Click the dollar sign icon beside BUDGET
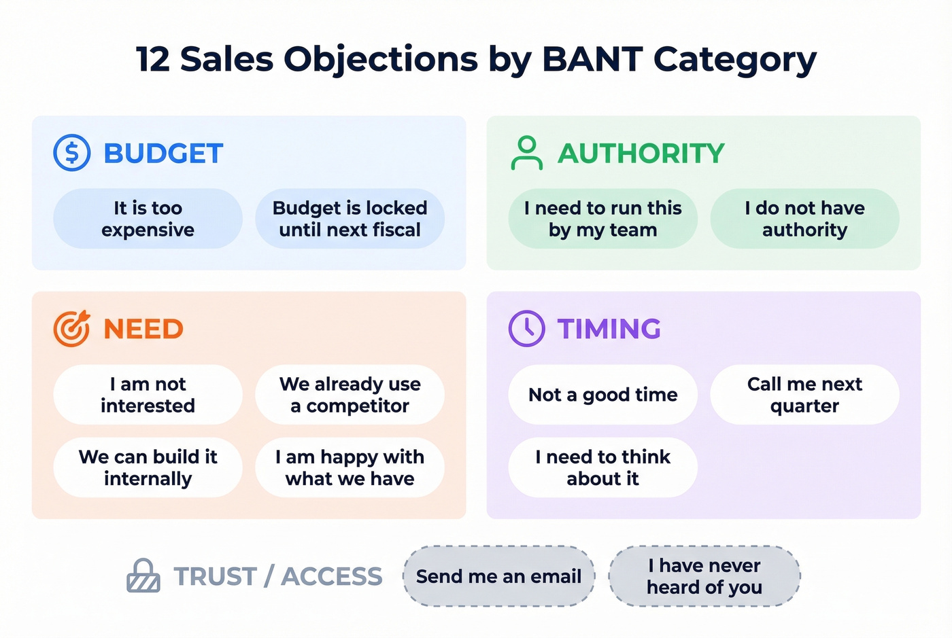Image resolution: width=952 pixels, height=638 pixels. click(72, 153)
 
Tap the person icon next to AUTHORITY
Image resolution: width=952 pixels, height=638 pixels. click(527, 153)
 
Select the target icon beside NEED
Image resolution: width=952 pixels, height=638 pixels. click(71, 329)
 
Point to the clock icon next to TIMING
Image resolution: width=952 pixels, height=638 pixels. click(527, 329)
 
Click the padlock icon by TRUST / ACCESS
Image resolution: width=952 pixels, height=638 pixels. click(143, 576)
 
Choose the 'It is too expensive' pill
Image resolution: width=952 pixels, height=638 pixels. click(148, 219)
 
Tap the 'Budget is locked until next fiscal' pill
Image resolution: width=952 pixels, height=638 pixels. click(350, 219)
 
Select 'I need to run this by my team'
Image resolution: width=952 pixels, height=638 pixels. click(602, 219)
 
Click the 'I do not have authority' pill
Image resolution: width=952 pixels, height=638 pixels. click(804, 219)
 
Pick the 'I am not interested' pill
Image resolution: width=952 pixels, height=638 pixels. click(148, 395)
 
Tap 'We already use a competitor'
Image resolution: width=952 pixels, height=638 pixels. click(350, 395)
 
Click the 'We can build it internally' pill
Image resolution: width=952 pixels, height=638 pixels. click(148, 467)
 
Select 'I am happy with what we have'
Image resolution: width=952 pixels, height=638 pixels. click(350, 467)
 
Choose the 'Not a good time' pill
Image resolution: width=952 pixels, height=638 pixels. click(602, 395)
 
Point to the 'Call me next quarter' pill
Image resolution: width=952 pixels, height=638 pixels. click(804, 395)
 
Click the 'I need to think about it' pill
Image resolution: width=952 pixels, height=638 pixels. click(602, 467)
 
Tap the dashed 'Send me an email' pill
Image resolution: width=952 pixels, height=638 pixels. click(498, 576)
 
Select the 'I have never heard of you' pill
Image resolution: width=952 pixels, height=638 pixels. click(704, 576)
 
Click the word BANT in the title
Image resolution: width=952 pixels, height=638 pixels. click(592, 59)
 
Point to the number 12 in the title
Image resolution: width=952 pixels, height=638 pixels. click(152, 59)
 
